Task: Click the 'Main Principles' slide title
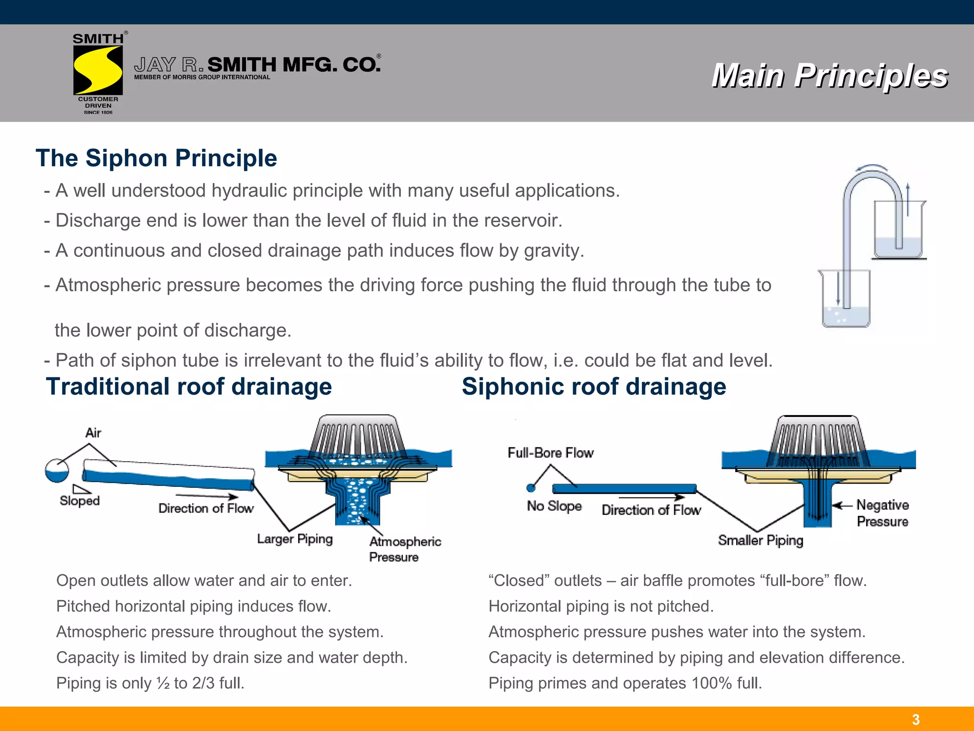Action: click(829, 76)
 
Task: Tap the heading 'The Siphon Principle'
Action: click(156, 158)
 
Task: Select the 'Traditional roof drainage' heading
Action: click(189, 386)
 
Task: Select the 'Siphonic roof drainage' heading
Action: click(594, 386)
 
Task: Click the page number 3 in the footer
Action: click(916, 720)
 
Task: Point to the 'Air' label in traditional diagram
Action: click(93, 433)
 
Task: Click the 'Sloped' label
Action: click(79, 501)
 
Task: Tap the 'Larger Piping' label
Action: click(294, 539)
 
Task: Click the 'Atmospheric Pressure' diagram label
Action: click(405, 549)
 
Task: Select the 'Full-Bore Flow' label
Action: click(550, 453)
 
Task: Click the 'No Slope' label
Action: click(554, 506)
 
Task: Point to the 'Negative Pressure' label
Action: click(882, 513)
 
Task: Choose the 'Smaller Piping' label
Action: click(760, 540)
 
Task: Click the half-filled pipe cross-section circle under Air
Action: click(57, 471)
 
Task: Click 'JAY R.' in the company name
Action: click(168, 65)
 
